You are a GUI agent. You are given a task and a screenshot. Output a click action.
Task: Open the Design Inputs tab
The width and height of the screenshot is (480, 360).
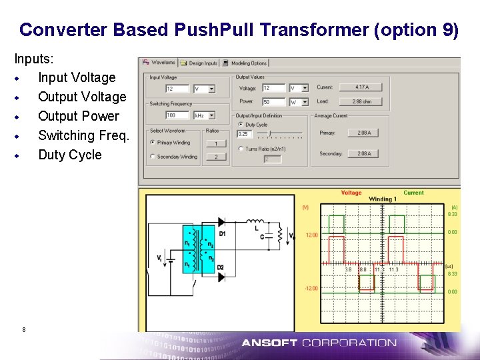click(x=202, y=63)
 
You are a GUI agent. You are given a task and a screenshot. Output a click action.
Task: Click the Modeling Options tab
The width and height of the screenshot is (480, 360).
click(x=246, y=63)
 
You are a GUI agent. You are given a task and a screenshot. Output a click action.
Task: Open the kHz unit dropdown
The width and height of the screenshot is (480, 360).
click(x=203, y=115)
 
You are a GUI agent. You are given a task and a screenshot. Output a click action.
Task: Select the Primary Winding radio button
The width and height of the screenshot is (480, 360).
click(x=153, y=142)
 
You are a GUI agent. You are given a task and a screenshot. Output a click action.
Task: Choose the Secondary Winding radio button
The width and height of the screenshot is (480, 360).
click(x=153, y=157)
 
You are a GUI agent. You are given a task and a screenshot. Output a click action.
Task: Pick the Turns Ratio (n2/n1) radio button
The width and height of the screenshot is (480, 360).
click(x=241, y=149)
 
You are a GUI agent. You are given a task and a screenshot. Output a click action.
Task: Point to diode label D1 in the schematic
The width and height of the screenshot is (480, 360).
click(x=222, y=233)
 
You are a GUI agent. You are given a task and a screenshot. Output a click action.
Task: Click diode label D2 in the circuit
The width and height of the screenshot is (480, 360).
click(x=221, y=267)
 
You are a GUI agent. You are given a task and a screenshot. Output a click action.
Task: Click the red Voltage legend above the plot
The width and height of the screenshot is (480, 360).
click(x=351, y=193)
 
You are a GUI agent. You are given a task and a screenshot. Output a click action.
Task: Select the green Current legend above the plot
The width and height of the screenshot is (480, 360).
click(x=413, y=193)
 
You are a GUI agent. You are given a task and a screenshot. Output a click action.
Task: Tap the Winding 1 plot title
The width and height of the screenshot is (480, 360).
click(x=383, y=199)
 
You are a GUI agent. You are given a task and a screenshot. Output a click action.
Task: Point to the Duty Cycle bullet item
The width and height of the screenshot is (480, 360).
click(x=70, y=155)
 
